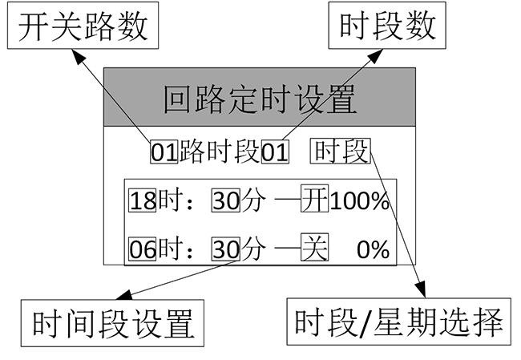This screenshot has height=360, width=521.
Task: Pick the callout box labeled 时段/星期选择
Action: (x=398, y=324)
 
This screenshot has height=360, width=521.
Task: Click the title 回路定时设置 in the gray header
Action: (x=259, y=101)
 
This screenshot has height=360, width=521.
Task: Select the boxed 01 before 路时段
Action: (x=164, y=152)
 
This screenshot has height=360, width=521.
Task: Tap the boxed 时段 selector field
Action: (x=341, y=150)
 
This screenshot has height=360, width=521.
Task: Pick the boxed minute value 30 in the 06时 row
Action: (x=226, y=249)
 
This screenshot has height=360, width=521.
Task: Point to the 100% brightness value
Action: (x=359, y=201)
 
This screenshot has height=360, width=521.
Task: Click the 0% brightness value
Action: (x=373, y=250)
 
